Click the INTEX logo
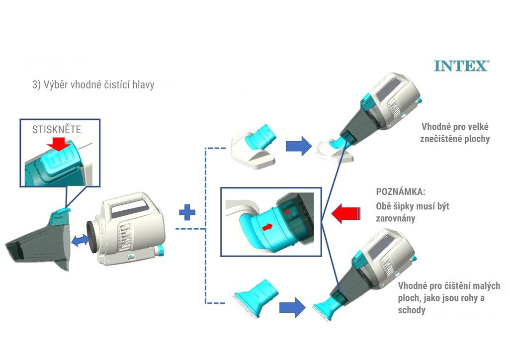click(x=461, y=66)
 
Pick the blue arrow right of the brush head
click(x=292, y=308)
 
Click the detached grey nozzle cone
click(x=37, y=244)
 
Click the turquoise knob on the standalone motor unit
click(x=160, y=251)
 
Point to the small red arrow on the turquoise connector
click(x=267, y=227)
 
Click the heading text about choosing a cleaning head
click(x=93, y=85)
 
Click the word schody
click(x=412, y=310)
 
